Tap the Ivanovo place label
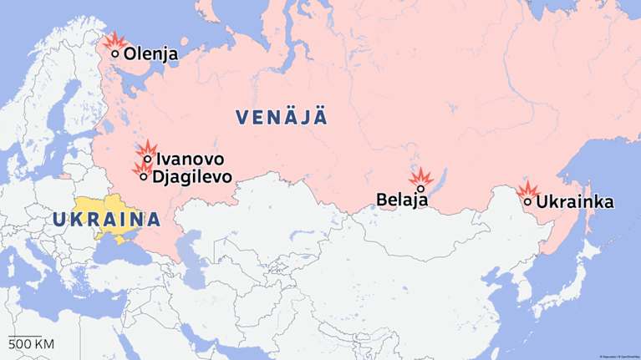point(190,159)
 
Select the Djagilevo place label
point(192,177)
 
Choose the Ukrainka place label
point(575,202)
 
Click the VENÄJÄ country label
point(282,117)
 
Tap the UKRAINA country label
point(106,220)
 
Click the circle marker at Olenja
point(115,54)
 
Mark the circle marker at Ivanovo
point(148,159)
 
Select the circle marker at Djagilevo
point(144,176)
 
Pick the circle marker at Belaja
point(421,189)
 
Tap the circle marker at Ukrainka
point(527,201)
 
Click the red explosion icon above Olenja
point(113,41)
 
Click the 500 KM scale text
point(31,344)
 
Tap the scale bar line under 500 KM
point(25,336)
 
